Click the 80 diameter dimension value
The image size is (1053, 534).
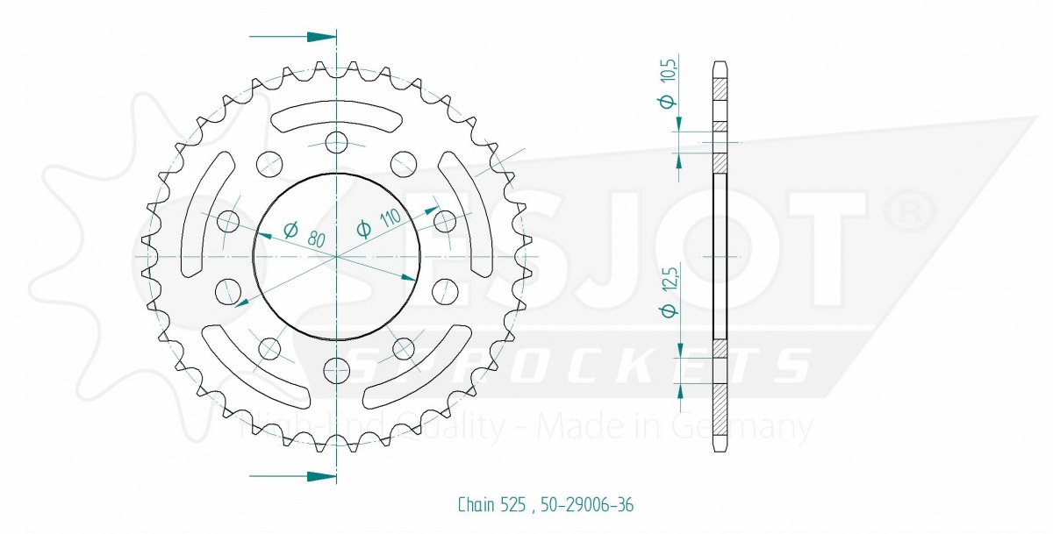(317, 239)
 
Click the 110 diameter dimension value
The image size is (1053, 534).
(390, 218)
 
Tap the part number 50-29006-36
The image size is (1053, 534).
(587, 505)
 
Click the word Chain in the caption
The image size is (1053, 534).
(476, 505)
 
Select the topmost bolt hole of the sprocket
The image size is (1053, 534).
(337, 142)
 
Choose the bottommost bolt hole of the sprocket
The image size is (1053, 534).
(337, 371)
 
